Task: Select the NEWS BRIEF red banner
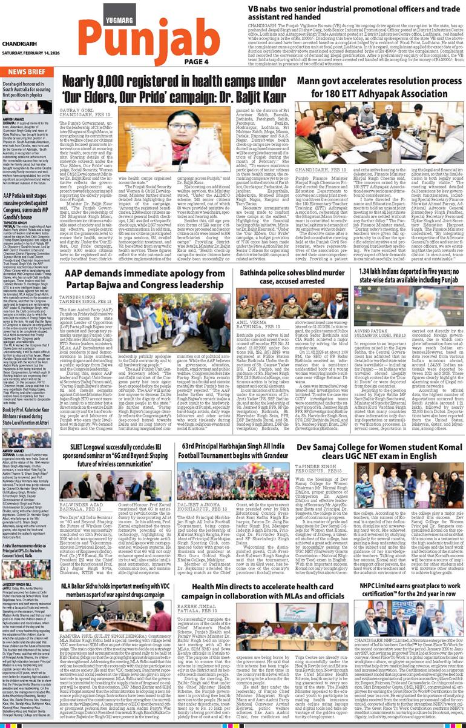point(25,71)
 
